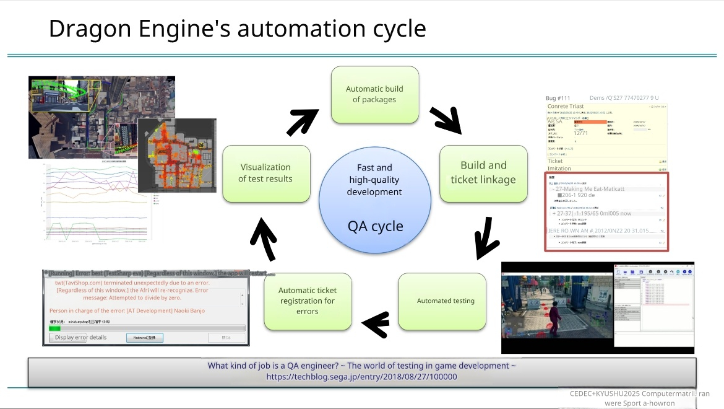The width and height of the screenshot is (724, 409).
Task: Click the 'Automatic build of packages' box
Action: pyautogui.click(x=375, y=94)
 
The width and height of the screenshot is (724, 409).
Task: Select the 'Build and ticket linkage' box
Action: pyautogui.click(x=483, y=173)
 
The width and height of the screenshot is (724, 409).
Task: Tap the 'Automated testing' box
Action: pyautogui.click(x=446, y=301)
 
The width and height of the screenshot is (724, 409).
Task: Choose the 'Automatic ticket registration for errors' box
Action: pyautogui.click(x=307, y=301)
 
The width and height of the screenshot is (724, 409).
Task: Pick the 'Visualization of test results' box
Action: pyautogui.click(x=266, y=173)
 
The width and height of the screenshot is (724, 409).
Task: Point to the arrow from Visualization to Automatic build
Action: pyautogui.click(x=302, y=121)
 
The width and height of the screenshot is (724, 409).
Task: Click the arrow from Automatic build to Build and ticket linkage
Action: pyautogui.click(x=447, y=119)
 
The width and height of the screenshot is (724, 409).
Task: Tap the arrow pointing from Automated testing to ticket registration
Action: pyautogui.click(x=376, y=323)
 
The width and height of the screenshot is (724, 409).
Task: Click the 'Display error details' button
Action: pyautogui.click(x=80, y=338)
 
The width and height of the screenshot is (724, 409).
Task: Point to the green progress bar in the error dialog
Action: pyautogui.click(x=55, y=328)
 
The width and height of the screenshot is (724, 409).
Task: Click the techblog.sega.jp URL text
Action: pyautogui.click(x=361, y=376)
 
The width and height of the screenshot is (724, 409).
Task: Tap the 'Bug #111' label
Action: pyautogui.click(x=558, y=98)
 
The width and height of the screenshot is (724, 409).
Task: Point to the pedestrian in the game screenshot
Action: pyautogui.click(x=554, y=311)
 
